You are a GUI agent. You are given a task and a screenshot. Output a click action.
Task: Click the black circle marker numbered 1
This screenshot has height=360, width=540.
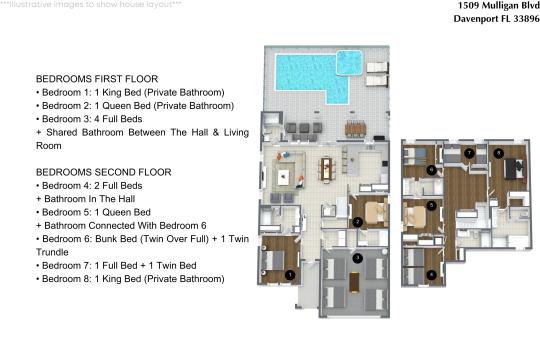(x=290, y=275)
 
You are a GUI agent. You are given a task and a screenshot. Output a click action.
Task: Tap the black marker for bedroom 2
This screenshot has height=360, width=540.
(x=357, y=222)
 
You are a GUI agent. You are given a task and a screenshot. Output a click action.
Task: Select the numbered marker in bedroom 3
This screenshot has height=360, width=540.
(x=357, y=258)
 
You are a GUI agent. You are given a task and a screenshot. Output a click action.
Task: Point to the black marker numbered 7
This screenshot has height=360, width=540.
(x=469, y=153)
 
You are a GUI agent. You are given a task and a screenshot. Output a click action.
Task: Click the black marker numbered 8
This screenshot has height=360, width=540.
(x=498, y=153)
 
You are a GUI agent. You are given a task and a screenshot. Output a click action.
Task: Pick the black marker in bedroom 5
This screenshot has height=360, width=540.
(x=431, y=206)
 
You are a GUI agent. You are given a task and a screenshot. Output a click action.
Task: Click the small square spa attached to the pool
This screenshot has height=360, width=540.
(x=349, y=62)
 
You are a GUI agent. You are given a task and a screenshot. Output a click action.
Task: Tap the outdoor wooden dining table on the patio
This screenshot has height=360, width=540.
(x=355, y=128)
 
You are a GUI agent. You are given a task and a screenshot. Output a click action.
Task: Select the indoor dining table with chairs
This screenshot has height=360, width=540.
(x=326, y=169)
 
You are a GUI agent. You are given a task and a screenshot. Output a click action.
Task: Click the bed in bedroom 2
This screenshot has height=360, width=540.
(x=376, y=213)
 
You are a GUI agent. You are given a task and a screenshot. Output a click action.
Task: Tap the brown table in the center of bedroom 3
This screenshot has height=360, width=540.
(x=354, y=282)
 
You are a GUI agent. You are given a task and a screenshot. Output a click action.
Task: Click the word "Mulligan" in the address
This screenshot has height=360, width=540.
(x=497, y=6)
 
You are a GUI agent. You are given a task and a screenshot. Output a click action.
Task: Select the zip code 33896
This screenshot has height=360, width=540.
(x=527, y=19)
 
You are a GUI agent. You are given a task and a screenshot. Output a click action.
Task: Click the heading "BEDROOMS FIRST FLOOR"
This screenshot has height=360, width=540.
(x=97, y=79)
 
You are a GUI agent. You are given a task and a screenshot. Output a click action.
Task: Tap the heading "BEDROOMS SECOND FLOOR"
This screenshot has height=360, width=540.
(x=104, y=172)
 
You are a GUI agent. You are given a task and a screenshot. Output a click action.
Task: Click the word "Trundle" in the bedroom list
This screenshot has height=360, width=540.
(x=52, y=252)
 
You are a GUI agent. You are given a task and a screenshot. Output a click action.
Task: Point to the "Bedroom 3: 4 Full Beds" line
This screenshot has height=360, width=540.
(x=89, y=119)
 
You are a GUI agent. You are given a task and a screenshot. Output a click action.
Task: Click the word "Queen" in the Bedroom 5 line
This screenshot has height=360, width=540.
(x=116, y=212)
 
